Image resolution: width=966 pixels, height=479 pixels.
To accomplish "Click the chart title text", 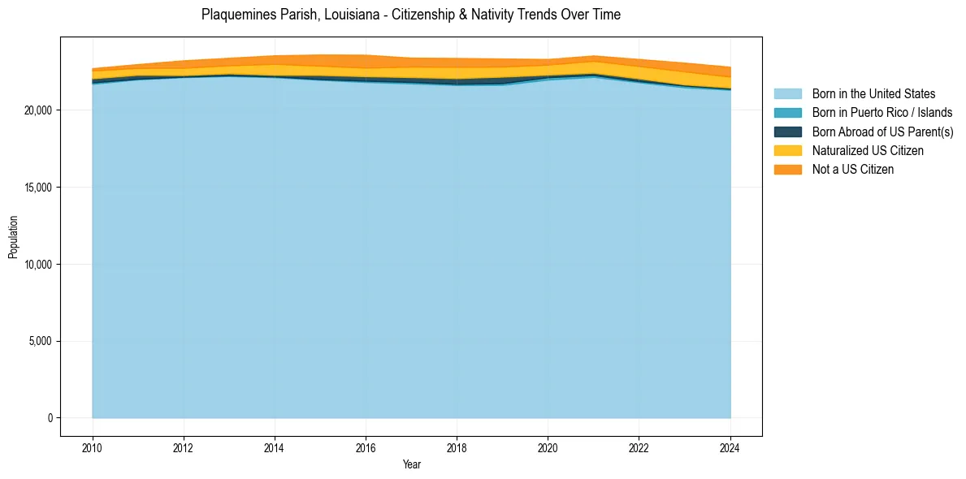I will click(411, 15).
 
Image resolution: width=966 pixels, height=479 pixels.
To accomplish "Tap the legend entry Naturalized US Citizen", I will click(868, 150).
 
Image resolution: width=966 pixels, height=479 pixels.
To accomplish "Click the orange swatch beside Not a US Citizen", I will click(788, 169).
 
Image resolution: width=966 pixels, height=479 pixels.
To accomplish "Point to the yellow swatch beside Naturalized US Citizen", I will click(788, 150).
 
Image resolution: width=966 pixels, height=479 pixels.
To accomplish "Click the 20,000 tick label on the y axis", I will click(38, 110).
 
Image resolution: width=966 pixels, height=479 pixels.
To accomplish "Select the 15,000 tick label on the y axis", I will click(38, 188).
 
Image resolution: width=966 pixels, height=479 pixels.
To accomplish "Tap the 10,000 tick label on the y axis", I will click(38, 265).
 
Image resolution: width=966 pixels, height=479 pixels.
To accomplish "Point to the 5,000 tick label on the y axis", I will click(41, 341).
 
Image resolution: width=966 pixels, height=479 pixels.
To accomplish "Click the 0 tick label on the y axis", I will click(50, 418).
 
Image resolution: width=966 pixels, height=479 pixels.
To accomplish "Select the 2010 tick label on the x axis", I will click(93, 447).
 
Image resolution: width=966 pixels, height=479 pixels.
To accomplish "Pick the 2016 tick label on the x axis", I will click(366, 447).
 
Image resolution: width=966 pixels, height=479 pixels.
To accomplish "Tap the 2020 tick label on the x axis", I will click(548, 447).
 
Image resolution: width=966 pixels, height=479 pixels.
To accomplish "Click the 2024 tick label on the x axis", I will click(730, 447).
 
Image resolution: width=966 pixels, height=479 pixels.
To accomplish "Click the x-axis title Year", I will click(411, 464).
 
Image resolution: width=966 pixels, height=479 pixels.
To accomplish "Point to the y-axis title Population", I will click(13, 237).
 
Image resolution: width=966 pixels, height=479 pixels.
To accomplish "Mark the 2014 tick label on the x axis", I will click(275, 447).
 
